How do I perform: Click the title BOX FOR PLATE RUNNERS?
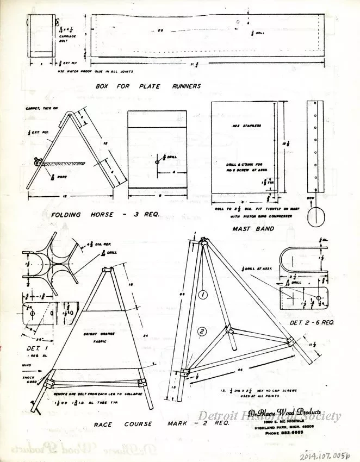tap(148, 86)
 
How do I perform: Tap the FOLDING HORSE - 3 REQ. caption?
tap(104, 215)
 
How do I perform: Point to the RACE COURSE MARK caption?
tap(162, 424)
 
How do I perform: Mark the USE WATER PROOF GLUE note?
tap(95, 71)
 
